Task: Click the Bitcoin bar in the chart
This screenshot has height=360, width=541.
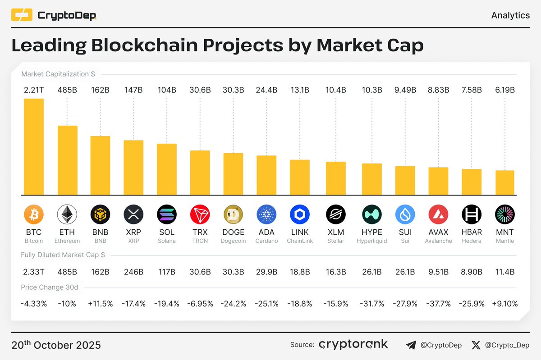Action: pyautogui.click(x=34, y=146)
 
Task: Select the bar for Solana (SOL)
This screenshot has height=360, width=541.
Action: pyautogui.click(x=167, y=169)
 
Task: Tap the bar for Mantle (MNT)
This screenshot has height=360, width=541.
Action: pyautogui.click(x=505, y=182)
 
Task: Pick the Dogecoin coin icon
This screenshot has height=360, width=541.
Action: pyautogui.click(x=233, y=215)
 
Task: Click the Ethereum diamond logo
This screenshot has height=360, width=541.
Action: pyautogui.click(x=67, y=215)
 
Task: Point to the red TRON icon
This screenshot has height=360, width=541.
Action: pyautogui.click(x=200, y=215)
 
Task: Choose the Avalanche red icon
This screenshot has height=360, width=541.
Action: pyautogui.click(x=438, y=215)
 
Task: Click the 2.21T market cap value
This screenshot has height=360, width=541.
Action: pyautogui.click(x=34, y=90)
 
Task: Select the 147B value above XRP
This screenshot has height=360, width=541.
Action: pyautogui.click(x=133, y=90)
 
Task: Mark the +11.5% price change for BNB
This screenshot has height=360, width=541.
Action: pyautogui.click(x=101, y=304)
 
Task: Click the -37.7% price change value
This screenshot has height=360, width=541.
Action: pyautogui.click(x=438, y=304)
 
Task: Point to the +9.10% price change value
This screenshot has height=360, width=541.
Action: pyautogui.click(x=505, y=304)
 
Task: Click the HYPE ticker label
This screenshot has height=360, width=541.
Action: pyautogui.click(x=372, y=232)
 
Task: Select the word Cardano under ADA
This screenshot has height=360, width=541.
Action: pyautogui.click(x=266, y=241)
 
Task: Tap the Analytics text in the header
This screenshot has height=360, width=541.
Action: pyautogui.click(x=510, y=15)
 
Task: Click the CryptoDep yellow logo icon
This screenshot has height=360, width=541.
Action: pyautogui.click(x=22, y=15)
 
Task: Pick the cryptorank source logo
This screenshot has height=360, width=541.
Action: pyautogui.click(x=353, y=345)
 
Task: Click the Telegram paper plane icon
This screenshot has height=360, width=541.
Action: pyautogui.click(x=411, y=345)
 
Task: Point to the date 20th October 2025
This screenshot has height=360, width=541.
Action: pyautogui.click(x=56, y=345)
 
